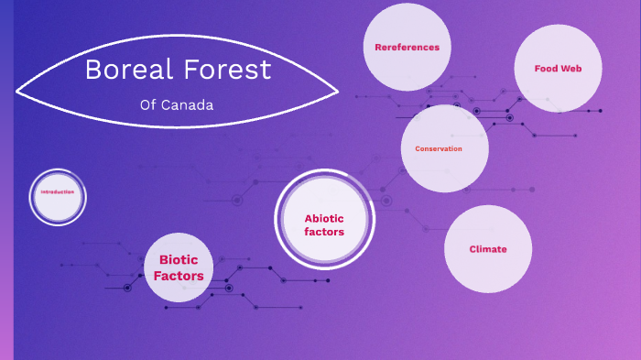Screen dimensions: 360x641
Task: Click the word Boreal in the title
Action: click(x=124, y=69)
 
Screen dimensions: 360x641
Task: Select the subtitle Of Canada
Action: click(x=177, y=104)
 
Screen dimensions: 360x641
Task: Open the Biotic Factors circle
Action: click(x=179, y=267)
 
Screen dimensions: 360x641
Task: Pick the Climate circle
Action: click(x=488, y=249)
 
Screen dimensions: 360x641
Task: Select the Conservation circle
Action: click(x=444, y=148)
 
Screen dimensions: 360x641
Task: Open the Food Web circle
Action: click(x=557, y=69)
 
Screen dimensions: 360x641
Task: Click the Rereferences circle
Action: click(x=407, y=47)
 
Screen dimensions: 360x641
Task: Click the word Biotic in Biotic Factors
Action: click(x=179, y=260)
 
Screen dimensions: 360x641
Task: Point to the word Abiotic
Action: click(x=324, y=218)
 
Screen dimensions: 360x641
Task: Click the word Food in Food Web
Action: click(x=546, y=69)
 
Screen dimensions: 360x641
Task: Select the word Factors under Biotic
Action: click(x=179, y=275)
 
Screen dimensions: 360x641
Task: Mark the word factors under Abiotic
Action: click(x=324, y=232)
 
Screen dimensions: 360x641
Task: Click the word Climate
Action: click(x=488, y=249)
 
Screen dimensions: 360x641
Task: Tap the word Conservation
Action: click(x=439, y=148)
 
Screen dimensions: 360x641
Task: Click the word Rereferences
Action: click(x=407, y=47)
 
